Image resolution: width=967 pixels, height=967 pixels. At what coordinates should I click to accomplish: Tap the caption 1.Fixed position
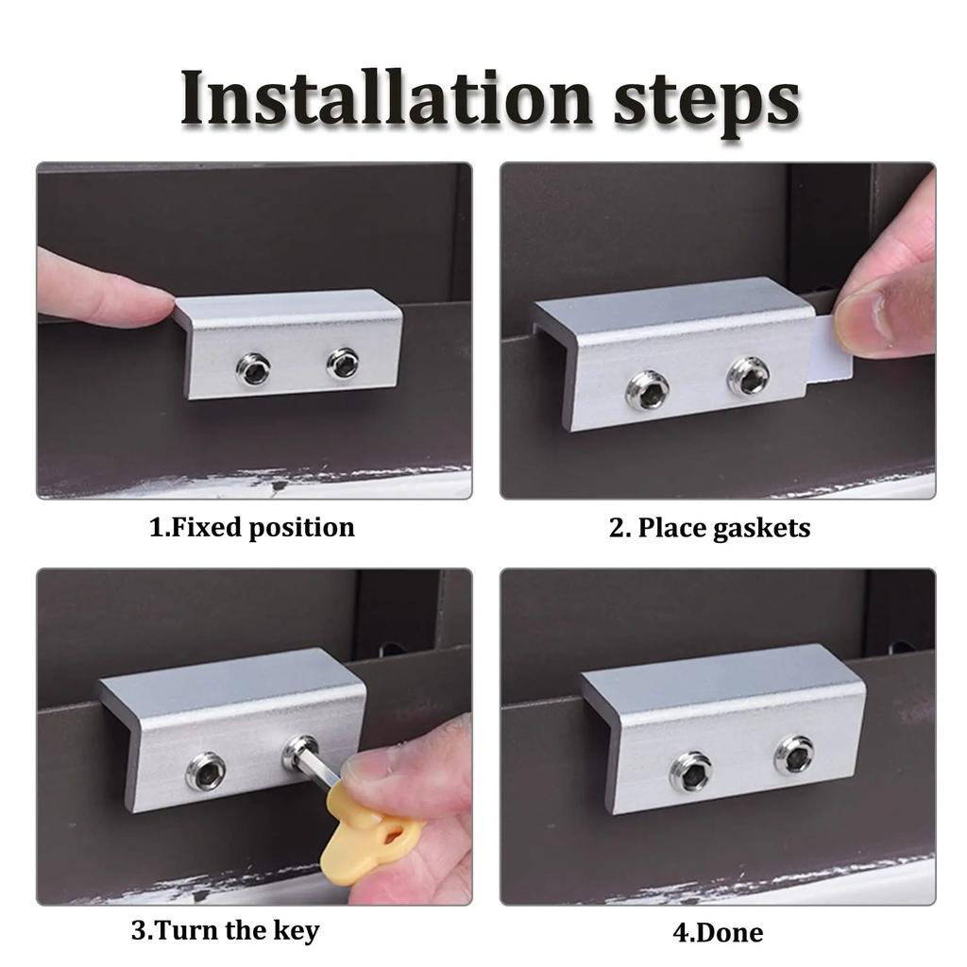pos(252,527)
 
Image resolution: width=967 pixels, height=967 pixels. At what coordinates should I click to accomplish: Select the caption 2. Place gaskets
pos(709,527)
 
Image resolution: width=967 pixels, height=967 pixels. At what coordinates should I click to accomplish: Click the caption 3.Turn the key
pos(225,930)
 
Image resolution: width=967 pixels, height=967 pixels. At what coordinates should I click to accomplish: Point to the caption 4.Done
pos(718,933)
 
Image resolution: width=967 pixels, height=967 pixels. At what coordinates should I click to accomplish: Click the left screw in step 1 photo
pos(253,369)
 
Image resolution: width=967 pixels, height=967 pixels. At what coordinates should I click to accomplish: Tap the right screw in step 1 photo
pos(342,364)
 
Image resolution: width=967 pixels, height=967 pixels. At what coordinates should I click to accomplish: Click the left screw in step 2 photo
pos(648,389)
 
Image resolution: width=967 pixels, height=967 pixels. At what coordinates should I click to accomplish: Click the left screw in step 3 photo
pos(206,772)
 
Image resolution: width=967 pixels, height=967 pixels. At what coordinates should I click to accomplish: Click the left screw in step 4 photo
pos(691,771)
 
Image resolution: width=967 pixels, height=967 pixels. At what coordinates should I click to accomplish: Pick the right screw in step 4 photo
pos(793,755)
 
